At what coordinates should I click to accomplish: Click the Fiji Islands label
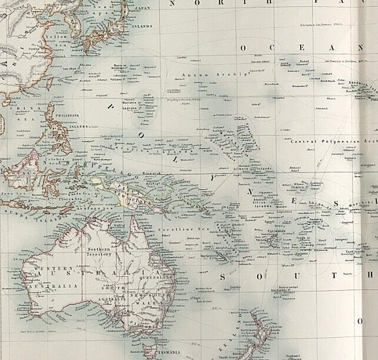277,231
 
